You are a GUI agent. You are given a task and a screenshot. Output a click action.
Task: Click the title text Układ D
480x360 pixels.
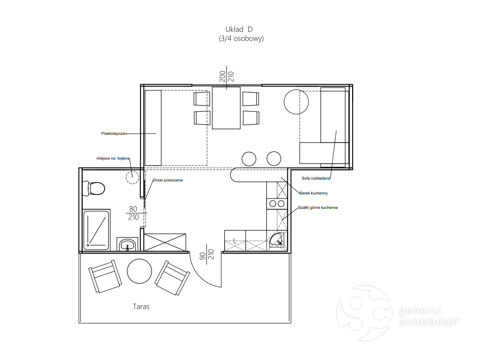239,29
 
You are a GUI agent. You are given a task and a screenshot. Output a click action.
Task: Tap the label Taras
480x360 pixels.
141,306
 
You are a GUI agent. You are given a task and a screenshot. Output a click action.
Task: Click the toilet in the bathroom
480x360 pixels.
94,188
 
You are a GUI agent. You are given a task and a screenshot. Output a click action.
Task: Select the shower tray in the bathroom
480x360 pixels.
96,230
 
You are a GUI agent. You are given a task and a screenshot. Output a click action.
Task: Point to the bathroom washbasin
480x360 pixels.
127,244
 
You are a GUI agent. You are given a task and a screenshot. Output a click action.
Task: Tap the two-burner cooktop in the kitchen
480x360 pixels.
277,204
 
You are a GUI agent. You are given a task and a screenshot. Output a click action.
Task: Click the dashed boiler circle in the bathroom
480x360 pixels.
133,177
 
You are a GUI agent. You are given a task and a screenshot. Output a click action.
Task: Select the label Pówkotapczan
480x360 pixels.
114,133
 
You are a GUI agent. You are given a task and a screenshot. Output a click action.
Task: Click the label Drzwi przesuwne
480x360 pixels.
168,180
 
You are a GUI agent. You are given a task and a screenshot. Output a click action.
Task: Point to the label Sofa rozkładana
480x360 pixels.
316,178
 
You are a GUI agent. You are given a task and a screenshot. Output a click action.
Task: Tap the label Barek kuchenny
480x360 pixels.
314,193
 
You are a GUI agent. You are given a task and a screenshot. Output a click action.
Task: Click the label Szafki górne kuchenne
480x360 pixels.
318,207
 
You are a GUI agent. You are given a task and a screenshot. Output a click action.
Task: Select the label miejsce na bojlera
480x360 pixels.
113,159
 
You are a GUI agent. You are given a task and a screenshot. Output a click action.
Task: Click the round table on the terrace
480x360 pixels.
139,271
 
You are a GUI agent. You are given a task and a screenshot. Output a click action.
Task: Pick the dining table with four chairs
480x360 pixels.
226,108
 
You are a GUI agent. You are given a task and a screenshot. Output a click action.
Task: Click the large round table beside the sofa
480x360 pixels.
296,102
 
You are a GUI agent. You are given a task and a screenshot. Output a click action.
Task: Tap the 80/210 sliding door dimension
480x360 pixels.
133,213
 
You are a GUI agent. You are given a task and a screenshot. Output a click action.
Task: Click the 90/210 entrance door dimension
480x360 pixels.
207,254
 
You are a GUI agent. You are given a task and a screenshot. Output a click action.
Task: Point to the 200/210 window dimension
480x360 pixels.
226,76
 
